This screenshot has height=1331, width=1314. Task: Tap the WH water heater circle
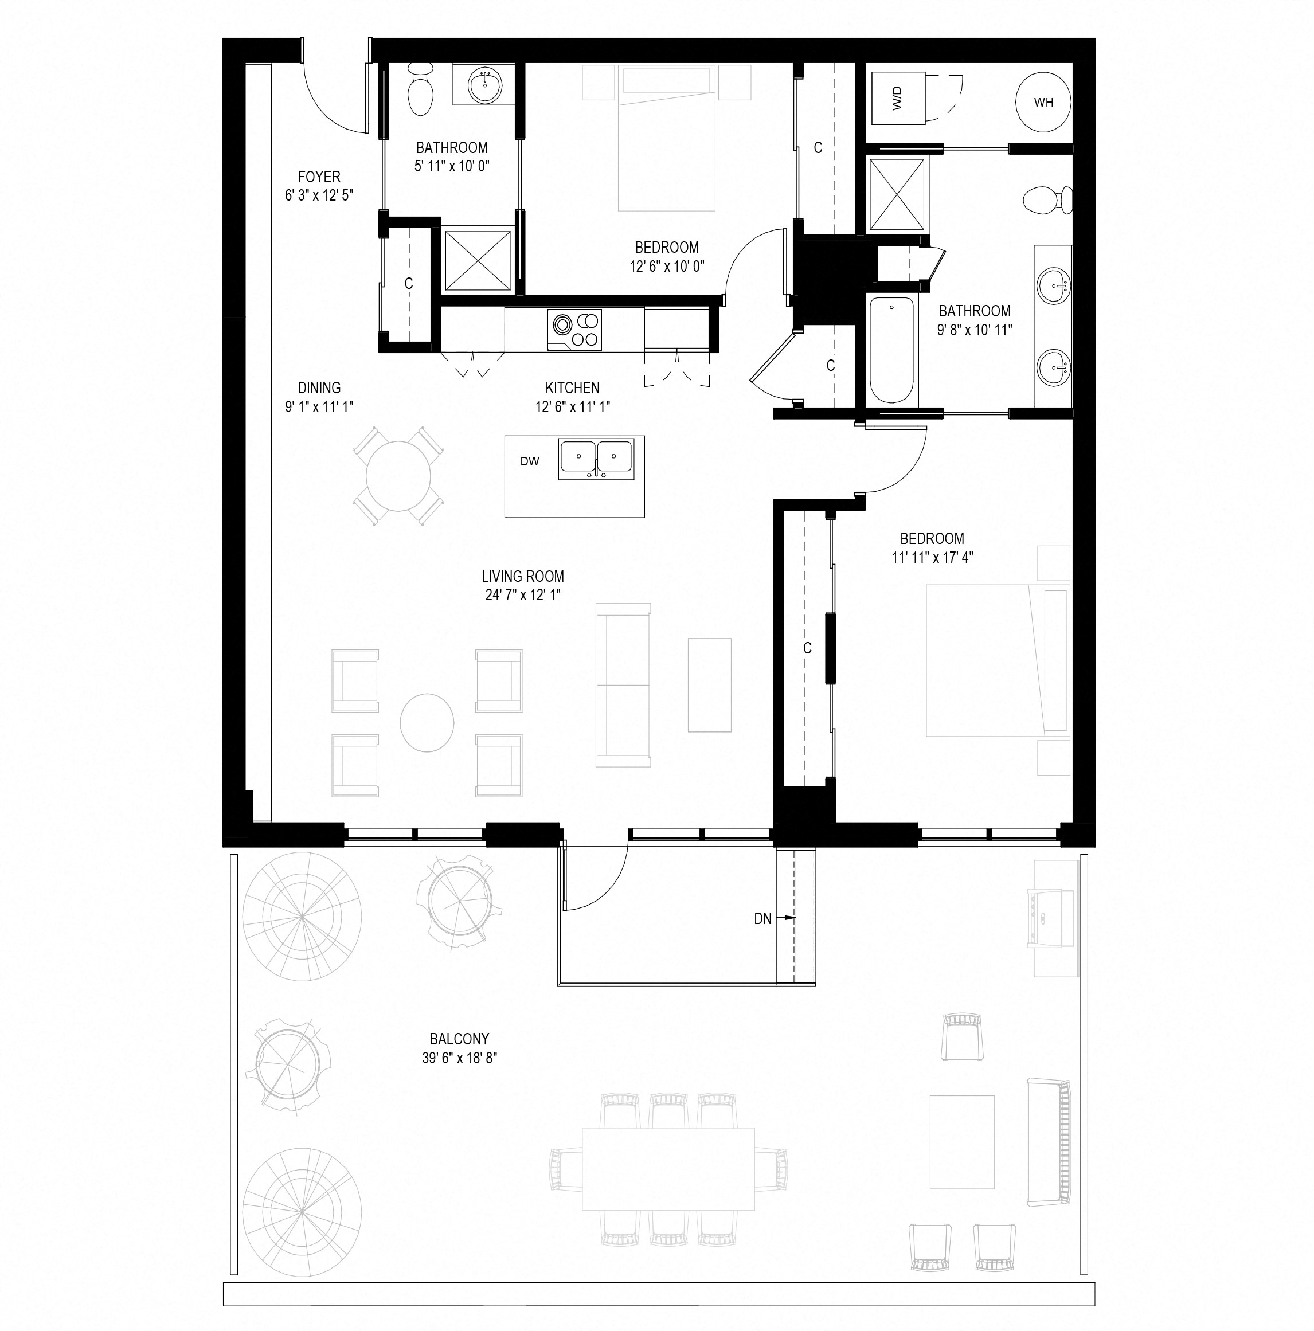1043,103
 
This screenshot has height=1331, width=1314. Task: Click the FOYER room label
319,177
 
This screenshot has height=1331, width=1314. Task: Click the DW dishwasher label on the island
529,461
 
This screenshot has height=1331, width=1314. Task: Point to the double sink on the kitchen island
597,457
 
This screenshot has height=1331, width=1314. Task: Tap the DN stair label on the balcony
762,918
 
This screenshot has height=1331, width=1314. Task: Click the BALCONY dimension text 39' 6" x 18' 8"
460,1058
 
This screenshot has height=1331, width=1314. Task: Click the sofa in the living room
622,685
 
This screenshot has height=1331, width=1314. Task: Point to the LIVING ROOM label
522,576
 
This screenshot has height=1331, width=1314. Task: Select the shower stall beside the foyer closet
478,262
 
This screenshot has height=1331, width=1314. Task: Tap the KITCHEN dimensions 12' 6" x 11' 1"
572,406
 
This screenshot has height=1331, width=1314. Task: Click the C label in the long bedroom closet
807,648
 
